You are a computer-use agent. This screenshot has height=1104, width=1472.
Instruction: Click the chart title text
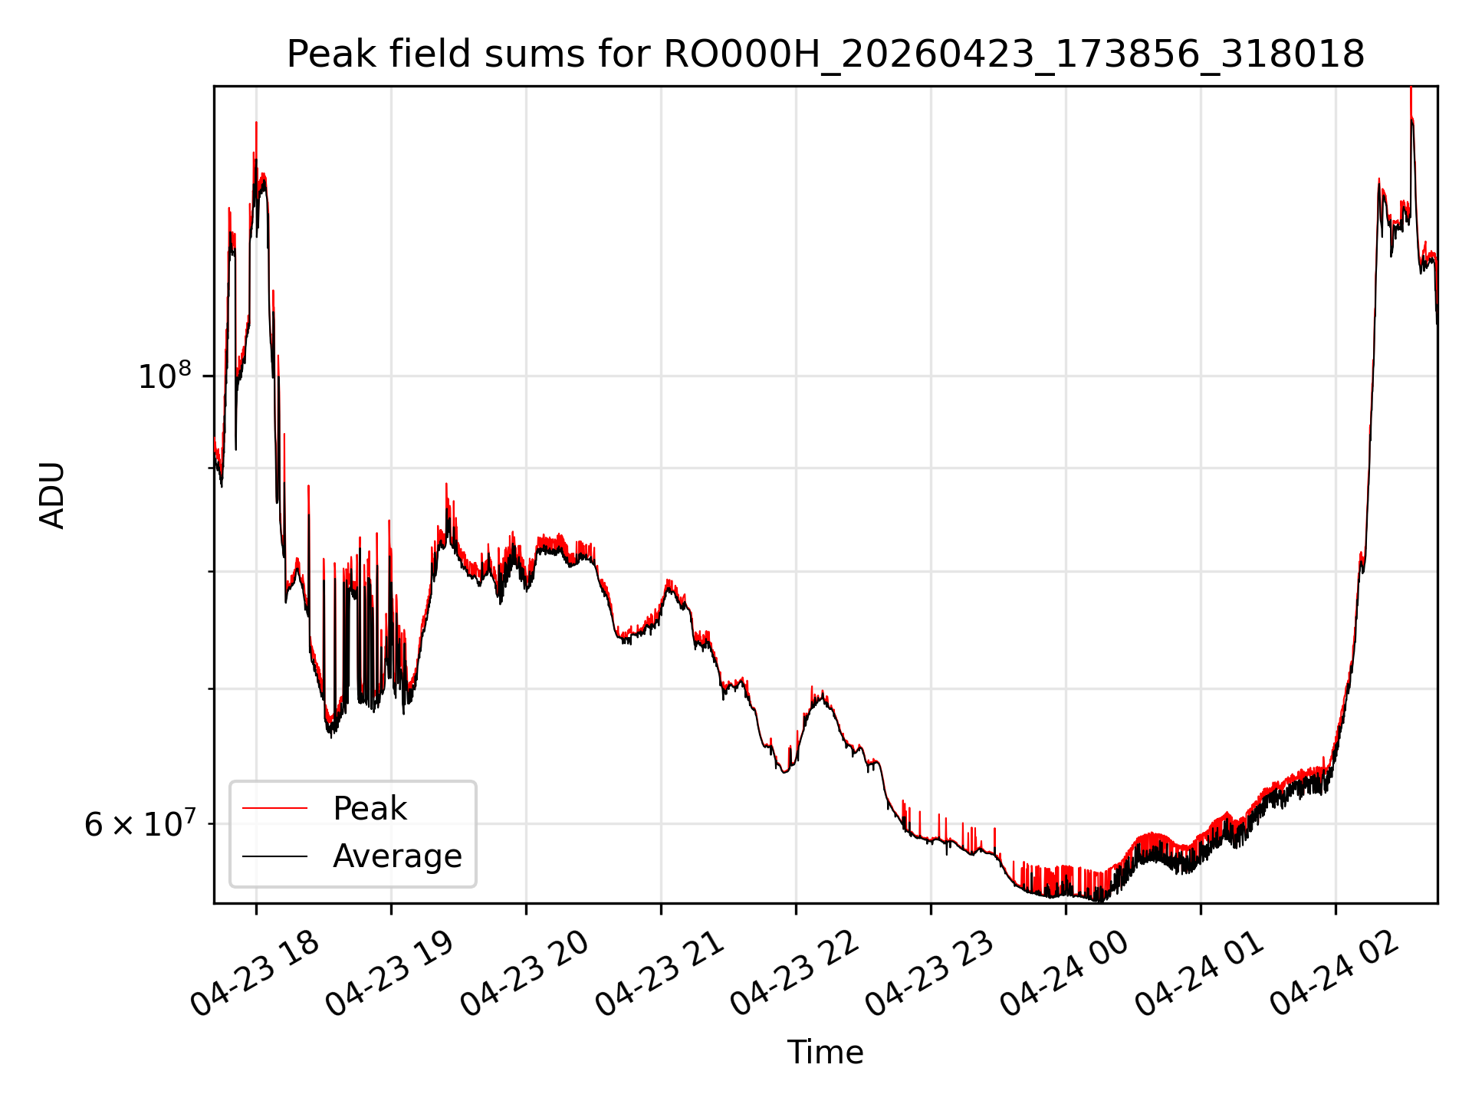(x=826, y=54)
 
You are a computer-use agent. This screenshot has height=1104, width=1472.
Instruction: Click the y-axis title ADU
(x=52, y=495)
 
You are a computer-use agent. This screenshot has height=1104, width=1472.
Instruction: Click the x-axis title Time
(x=825, y=1052)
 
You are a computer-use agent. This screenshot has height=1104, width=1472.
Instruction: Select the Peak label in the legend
(x=370, y=808)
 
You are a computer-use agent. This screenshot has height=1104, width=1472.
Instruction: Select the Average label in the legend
(x=397, y=856)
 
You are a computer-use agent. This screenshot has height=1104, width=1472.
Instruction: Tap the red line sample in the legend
(x=274, y=808)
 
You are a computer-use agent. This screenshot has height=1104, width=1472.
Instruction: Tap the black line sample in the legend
(x=274, y=856)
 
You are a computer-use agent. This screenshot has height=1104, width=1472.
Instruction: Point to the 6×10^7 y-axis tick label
(x=140, y=824)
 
